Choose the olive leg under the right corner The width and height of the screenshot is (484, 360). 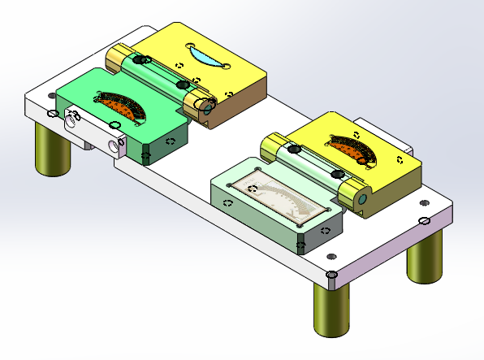tap(426, 256)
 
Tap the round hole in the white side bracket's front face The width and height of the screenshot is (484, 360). tap(112, 146)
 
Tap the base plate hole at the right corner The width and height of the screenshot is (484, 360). tap(425, 220)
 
